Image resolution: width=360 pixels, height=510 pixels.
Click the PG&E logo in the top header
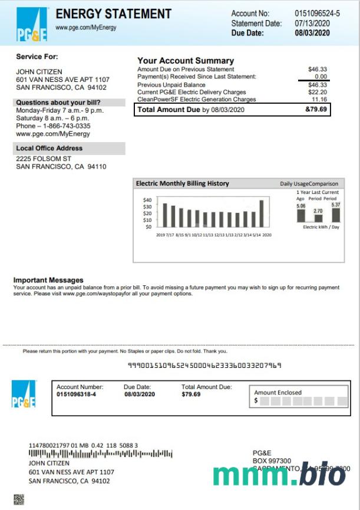coord(32,24)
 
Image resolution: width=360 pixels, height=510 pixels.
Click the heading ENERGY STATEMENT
coord(113,14)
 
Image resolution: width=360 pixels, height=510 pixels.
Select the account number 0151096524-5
coord(317,13)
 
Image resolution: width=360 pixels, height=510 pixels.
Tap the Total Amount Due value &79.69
coord(316,110)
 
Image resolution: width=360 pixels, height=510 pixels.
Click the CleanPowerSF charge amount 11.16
coord(319,100)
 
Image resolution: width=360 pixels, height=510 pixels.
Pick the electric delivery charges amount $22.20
coord(318,92)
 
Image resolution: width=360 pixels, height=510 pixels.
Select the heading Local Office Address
coord(49,148)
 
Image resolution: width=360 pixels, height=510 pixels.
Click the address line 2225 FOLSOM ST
coord(44,159)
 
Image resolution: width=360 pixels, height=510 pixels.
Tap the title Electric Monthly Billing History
coord(183,183)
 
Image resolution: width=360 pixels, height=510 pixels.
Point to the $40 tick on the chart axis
coord(147,200)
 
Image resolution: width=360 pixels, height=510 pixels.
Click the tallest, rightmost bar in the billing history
coord(261,213)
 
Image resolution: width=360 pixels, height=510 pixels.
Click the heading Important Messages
coord(48,280)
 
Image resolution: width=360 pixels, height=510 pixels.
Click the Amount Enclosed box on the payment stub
coord(300,397)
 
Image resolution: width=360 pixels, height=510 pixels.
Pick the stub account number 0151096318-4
coord(77,394)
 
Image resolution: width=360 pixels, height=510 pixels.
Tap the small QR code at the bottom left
coord(19,499)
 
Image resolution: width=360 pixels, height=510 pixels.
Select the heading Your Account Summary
coord(186,61)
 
